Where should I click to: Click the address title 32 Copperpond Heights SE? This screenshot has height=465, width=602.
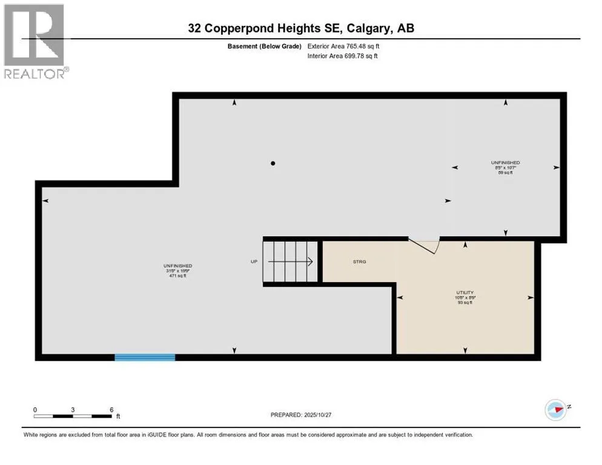point(300,28)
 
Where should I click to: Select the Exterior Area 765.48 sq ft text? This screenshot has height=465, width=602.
point(343,46)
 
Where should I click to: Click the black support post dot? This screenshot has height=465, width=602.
point(273,163)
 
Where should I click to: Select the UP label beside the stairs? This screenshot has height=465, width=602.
point(254,262)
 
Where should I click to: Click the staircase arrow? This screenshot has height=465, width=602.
point(291,262)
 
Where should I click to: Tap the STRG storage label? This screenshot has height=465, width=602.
point(360,262)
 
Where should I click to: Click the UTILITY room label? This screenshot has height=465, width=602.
point(465,292)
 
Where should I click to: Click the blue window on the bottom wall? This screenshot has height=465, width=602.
point(145,357)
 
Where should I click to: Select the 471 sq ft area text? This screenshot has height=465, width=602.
point(177,276)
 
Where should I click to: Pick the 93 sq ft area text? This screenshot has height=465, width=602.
point(465,303)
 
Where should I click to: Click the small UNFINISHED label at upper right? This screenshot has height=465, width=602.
point(505,163)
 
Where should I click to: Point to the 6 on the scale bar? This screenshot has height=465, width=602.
point(111,409)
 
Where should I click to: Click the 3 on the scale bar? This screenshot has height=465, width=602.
point(73,409)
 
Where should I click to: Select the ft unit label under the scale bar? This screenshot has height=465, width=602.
point(118,417)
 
